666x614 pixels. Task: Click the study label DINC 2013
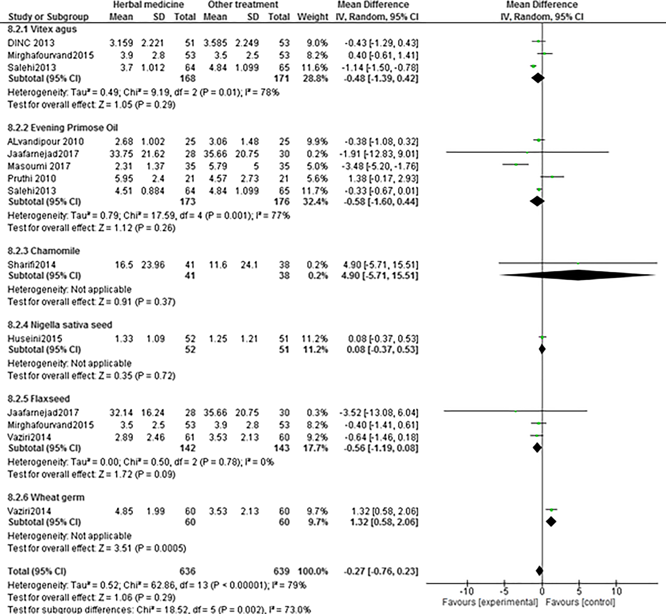tap(31, 43)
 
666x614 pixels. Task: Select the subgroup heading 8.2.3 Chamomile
tap(44, 251)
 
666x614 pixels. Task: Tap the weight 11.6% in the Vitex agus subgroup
tap(317, 68)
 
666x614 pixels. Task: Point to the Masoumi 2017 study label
tap(39, 166)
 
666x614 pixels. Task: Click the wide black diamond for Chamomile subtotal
tap(578, 275)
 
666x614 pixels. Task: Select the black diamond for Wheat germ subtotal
tap(551, 521)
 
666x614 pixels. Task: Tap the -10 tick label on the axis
tap(467, 592)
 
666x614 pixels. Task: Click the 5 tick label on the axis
tap(579, 592)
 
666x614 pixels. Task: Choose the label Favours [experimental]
tap(490, 602)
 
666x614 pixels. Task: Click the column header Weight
tap(312, 17)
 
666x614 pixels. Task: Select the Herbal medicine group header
tap(148, 5)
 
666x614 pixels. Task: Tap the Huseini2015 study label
tap(35, 339)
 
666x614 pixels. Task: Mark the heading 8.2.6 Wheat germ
tap(46, 497)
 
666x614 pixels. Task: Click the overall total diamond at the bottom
tap(539, 571)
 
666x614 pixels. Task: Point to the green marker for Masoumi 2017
tap(516, 164)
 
